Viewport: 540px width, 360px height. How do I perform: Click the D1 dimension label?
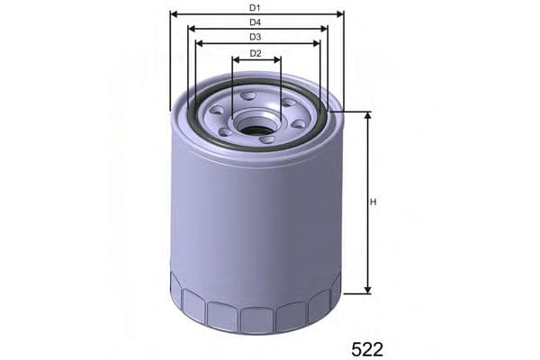pyautogui.click(x=256, y=7)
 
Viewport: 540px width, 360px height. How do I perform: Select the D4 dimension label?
pyautogui.click(x=256, y=22)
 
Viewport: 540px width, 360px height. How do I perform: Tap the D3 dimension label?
pyautogui.click(x=256, y=37)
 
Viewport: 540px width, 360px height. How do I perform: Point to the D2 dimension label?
pyautogui.click(x=256, y=53)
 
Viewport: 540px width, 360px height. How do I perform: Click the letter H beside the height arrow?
pyautogui.click(x=373, y=202)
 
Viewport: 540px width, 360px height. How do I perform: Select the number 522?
pyautogui.click(x=366, y=348)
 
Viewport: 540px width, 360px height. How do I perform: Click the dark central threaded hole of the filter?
pyautogui.click(x=256, y=130)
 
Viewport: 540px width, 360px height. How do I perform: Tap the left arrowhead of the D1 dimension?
pyautogui.click(x=174, y=14)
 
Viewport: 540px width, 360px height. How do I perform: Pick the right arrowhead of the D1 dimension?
pyautogui.click(x=339, y=14)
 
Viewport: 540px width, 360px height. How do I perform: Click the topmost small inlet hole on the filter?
pyautogui.click(x=248, y=94)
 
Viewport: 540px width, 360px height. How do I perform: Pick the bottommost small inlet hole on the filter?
pyautogui.click(x=265, y=139)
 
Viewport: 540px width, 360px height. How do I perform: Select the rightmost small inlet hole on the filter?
pyautogui.click(x=298, y=122)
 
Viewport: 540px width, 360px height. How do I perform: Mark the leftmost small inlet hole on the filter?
pyautogui.click(x=217, y=111)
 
